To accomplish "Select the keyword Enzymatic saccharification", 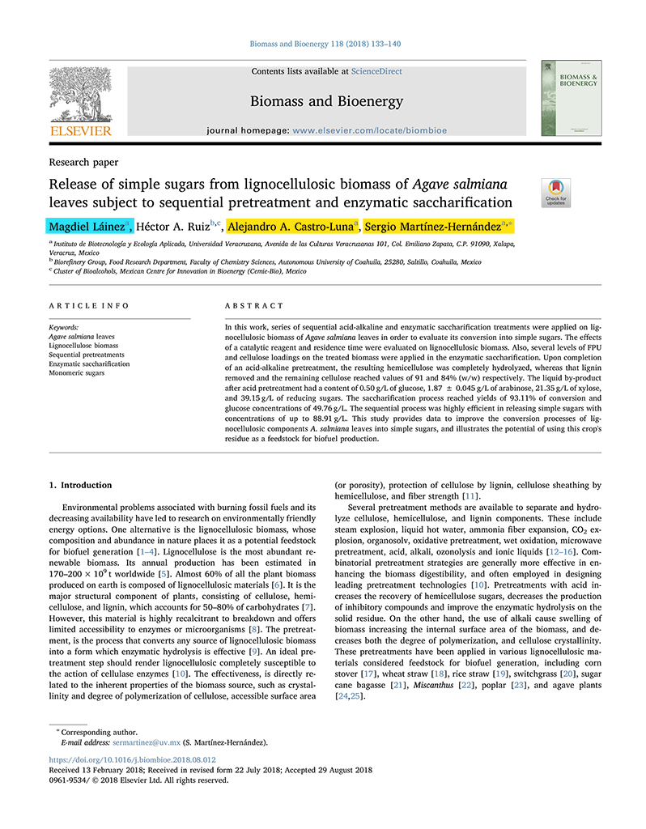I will [x=89, y=364].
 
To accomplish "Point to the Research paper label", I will [x=83, y=162].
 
